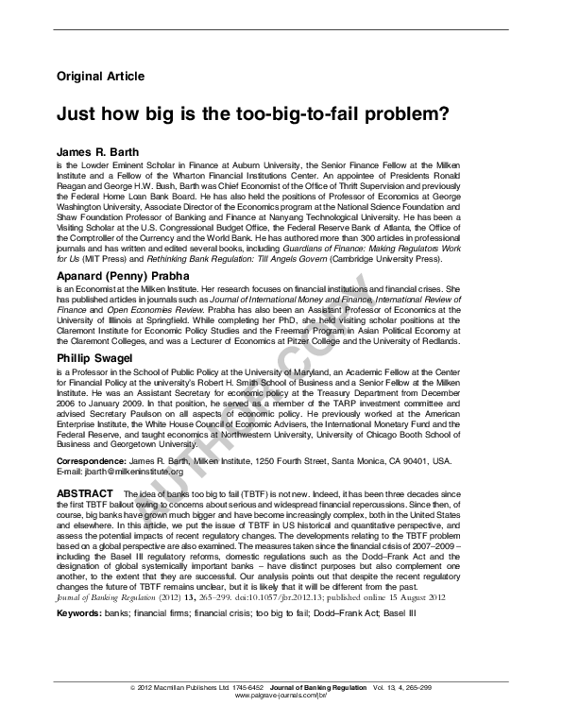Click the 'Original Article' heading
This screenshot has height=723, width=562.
point(100,76)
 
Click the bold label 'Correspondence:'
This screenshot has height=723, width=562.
point(93,460)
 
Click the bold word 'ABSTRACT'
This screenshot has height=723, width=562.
point(86,493)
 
